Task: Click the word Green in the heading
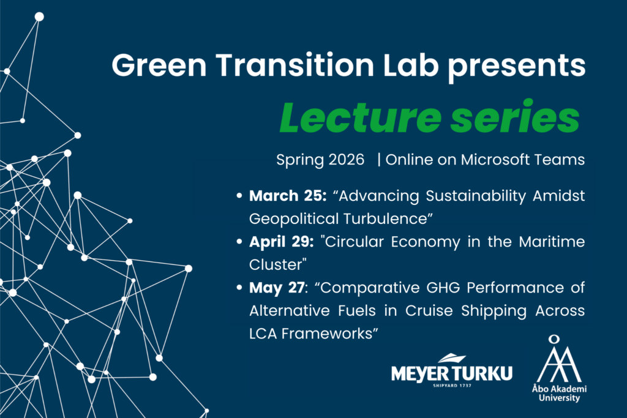pyautogui.click(x=159, y=65)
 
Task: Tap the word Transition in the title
pyautogui.click(x=295, y=64)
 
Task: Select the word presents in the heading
pyautogui.click(x=517, y=67)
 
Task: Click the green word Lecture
pyautogui.click(x=360, y=118)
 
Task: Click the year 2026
pyautogui.click(x=347, y=160)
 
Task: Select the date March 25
pyautogui.click(x=288, y=196)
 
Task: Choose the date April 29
pyautogui.click(x=281, y=242)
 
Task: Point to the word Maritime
pyautogui.click(x=552, y=242)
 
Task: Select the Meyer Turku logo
pyautogui.click(x=452, y=370)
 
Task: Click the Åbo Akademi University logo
pyautogui.click(x=560, y=368)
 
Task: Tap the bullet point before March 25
pyautogui.click(x=239, y=196)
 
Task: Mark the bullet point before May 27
pyautogui.click(x=239, y=288)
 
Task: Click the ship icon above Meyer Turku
pyautogui.click(x=452, y=358)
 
